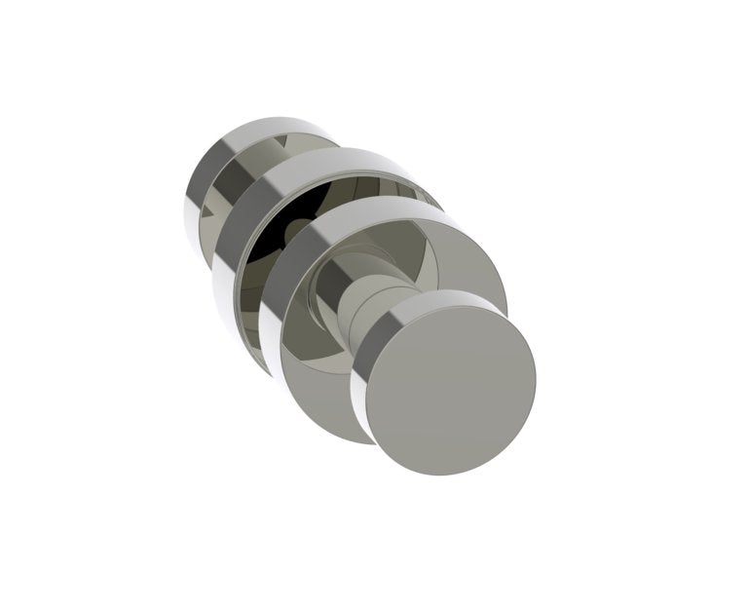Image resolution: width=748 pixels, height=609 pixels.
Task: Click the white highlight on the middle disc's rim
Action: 220,292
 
